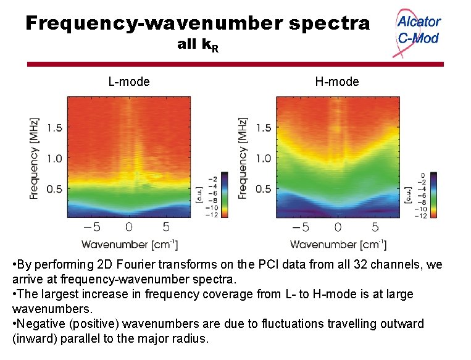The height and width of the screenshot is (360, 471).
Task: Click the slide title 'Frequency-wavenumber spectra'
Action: [x=198, y=23]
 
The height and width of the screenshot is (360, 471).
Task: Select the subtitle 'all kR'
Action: [x=197, y=45]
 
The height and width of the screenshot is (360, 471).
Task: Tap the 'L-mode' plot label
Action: [x=129, y=82]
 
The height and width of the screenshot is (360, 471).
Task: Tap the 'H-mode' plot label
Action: [x=336, y=82]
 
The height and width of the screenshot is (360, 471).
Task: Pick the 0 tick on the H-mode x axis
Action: [x=338, y=227]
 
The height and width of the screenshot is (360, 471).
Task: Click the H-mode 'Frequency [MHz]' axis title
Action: [x=243, y=158]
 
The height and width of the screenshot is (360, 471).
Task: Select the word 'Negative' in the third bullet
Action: [x=40, y=323]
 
